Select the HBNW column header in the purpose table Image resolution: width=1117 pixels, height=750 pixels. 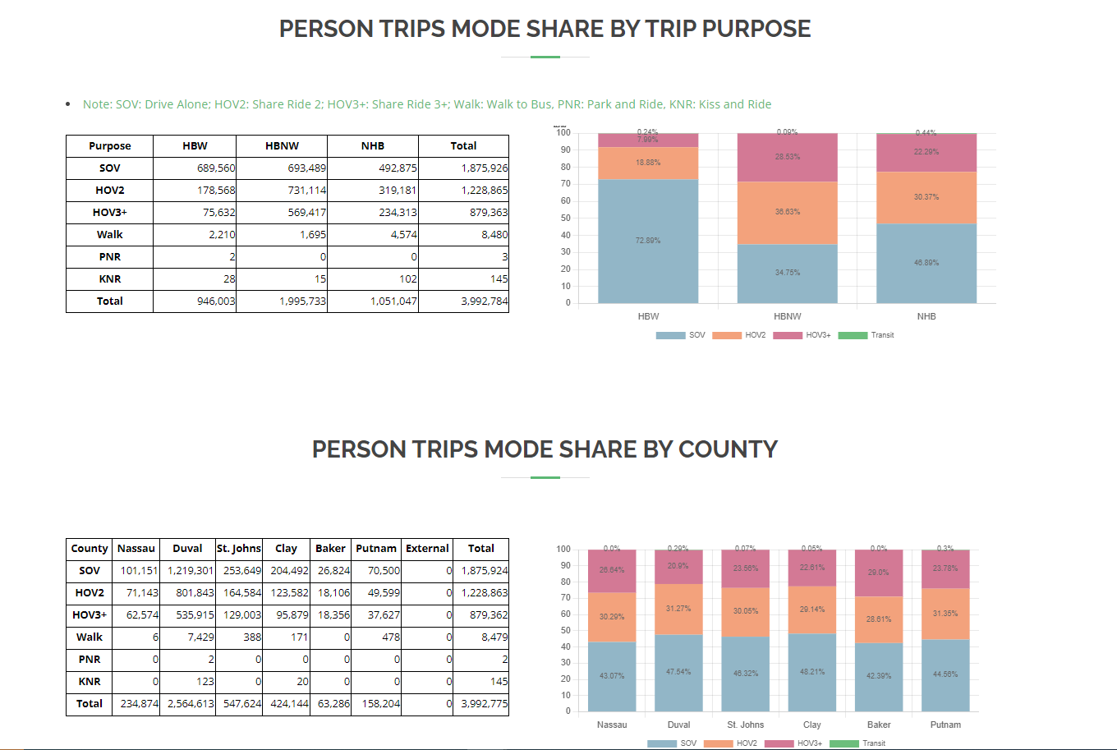[282, 145]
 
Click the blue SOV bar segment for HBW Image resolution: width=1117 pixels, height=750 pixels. [648, 241]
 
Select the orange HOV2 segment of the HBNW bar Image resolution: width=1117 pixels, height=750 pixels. [787, 212]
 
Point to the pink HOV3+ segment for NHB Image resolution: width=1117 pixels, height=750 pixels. [926, 152]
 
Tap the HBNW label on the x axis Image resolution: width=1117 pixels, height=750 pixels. [787, 316]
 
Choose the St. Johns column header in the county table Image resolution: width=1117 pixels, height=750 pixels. [239, 548]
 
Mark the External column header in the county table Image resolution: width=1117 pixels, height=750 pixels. [427, 548]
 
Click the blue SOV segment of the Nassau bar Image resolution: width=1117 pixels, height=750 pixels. [612, 675]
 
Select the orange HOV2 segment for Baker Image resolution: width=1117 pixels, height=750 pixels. [879, 619]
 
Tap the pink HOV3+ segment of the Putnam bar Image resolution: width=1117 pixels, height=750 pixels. [945, 568]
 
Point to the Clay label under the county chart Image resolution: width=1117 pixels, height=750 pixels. [812, 725]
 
